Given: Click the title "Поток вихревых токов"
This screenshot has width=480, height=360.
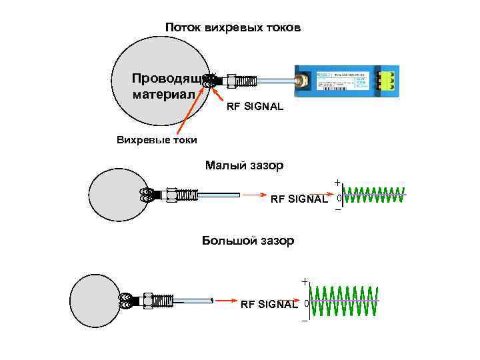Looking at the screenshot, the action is (233, 28).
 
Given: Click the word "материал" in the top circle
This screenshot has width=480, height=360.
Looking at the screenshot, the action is (164, 94).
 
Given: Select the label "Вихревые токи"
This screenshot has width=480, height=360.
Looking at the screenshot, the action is (157, 140).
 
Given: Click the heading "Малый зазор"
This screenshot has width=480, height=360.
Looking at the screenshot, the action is (244, 165).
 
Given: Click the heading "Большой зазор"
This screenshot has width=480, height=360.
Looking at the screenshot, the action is (247, 241).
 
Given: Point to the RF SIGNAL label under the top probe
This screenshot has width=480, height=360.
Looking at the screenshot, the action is (255, 107).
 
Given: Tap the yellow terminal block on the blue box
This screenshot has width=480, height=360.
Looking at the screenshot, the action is (385, 81).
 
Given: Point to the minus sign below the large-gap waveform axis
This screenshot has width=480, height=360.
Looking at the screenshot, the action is (305, 322).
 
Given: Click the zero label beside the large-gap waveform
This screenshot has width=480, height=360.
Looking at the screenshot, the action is (306, 304).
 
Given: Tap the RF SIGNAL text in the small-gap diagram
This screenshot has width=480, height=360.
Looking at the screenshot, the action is (299, 199).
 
